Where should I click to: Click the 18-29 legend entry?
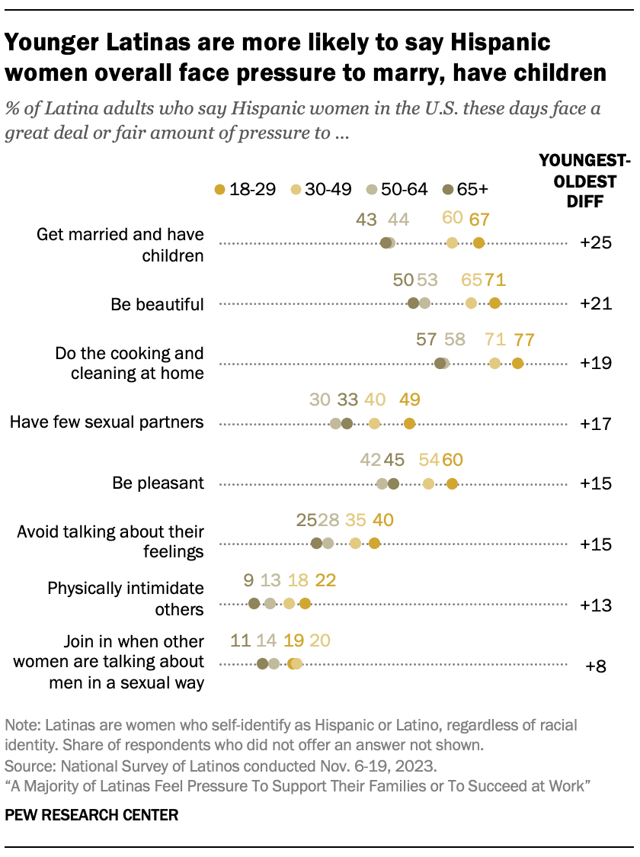pyautogui.click(x=241, y=189)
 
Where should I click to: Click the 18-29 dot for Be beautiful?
pyautogui.click(x=494, y=303)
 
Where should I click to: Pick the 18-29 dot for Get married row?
pyautogui.click(x=478, y=243)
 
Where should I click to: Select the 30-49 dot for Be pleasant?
pyautogui.click(x=428, y=483)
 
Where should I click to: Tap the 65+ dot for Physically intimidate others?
pyautogui.click(x=254, y=603)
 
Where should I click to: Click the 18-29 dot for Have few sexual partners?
pyautogui.click(x=409, y=423)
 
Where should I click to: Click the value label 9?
pyautogui.click(x=248, y=580)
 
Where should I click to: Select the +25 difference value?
pyautogui.click(x=595, y=243)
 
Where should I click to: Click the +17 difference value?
pyautogui.click(x=595, y=423)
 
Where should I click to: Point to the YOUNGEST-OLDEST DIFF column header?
pyautogui.click(x=584, y=181)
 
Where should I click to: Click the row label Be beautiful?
pyautogui.click(x=157, y=304)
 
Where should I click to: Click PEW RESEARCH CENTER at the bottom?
pyautogui.click(x=91, y=815)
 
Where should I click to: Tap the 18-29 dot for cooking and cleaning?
pyautogui.click(x=518, y=363)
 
